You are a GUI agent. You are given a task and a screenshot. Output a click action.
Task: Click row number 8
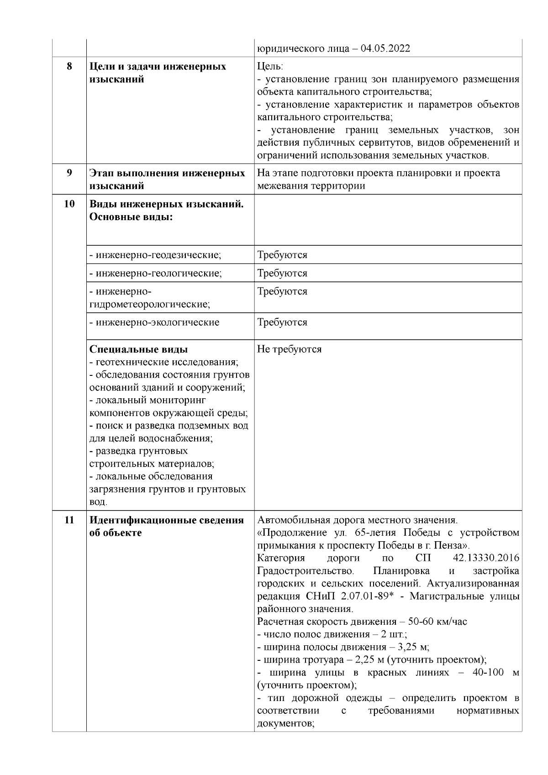69,67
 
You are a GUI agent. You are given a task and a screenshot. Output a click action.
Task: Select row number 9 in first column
69,173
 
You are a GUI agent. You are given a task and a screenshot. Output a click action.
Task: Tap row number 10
69,204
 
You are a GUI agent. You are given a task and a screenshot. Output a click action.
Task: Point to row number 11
69,520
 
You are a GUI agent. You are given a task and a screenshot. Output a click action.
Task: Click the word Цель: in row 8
270,67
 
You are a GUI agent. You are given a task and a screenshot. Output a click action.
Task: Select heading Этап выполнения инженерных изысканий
167,179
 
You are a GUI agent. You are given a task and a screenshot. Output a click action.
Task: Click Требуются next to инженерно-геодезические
282,255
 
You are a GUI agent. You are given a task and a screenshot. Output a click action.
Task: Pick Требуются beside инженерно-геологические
282,273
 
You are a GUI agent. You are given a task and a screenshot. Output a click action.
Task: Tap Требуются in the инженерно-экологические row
282,322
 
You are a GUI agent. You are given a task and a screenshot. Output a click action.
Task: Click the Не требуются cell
290,349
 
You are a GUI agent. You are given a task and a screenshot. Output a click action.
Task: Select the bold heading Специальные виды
138,349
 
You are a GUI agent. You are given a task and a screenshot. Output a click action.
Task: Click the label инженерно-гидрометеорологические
150,297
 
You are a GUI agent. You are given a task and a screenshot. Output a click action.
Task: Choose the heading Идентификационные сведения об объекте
167,527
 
